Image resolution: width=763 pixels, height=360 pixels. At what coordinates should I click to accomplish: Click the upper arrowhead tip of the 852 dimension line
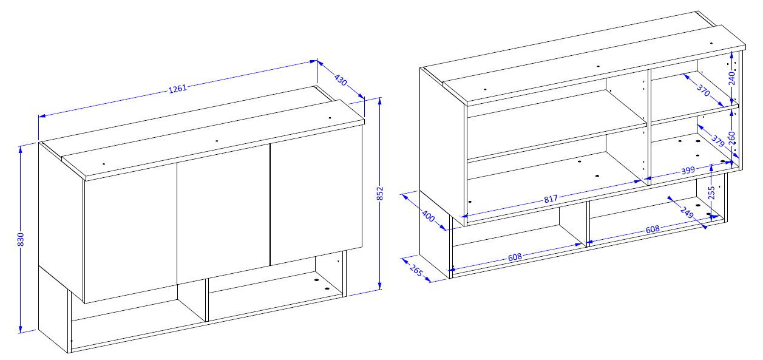tap(380, 98)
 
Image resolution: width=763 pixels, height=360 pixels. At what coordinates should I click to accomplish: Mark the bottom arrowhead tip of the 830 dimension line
tap(21, 333)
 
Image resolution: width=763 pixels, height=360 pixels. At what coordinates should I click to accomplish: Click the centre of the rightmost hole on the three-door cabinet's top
tap(330, 118)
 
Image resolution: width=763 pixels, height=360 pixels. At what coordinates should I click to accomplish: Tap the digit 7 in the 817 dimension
tap(555, 197)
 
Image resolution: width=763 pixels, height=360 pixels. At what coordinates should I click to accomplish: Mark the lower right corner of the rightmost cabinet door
tap(362, 248)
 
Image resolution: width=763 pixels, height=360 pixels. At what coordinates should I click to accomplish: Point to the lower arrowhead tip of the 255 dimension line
tap(711, 221)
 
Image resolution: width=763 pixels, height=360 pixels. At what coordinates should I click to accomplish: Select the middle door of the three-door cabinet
tap(223, 214)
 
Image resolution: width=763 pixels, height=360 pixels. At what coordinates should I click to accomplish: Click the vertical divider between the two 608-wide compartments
tap(588, 223)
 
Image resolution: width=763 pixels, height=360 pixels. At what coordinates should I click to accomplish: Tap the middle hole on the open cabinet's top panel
tap(599, 66)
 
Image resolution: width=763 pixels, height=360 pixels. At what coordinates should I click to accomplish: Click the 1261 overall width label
tap(178, 89)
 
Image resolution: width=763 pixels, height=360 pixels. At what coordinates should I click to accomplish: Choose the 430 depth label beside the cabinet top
tap(341, 80)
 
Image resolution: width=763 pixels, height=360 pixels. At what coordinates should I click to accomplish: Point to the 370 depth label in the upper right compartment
tap(703, 90)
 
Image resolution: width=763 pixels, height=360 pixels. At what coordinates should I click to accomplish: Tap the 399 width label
tap(688, 171)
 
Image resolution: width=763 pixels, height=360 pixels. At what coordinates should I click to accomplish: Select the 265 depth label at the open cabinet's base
tap(416, 271)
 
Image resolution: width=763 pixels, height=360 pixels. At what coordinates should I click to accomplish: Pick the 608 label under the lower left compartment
tap(515, 257)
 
